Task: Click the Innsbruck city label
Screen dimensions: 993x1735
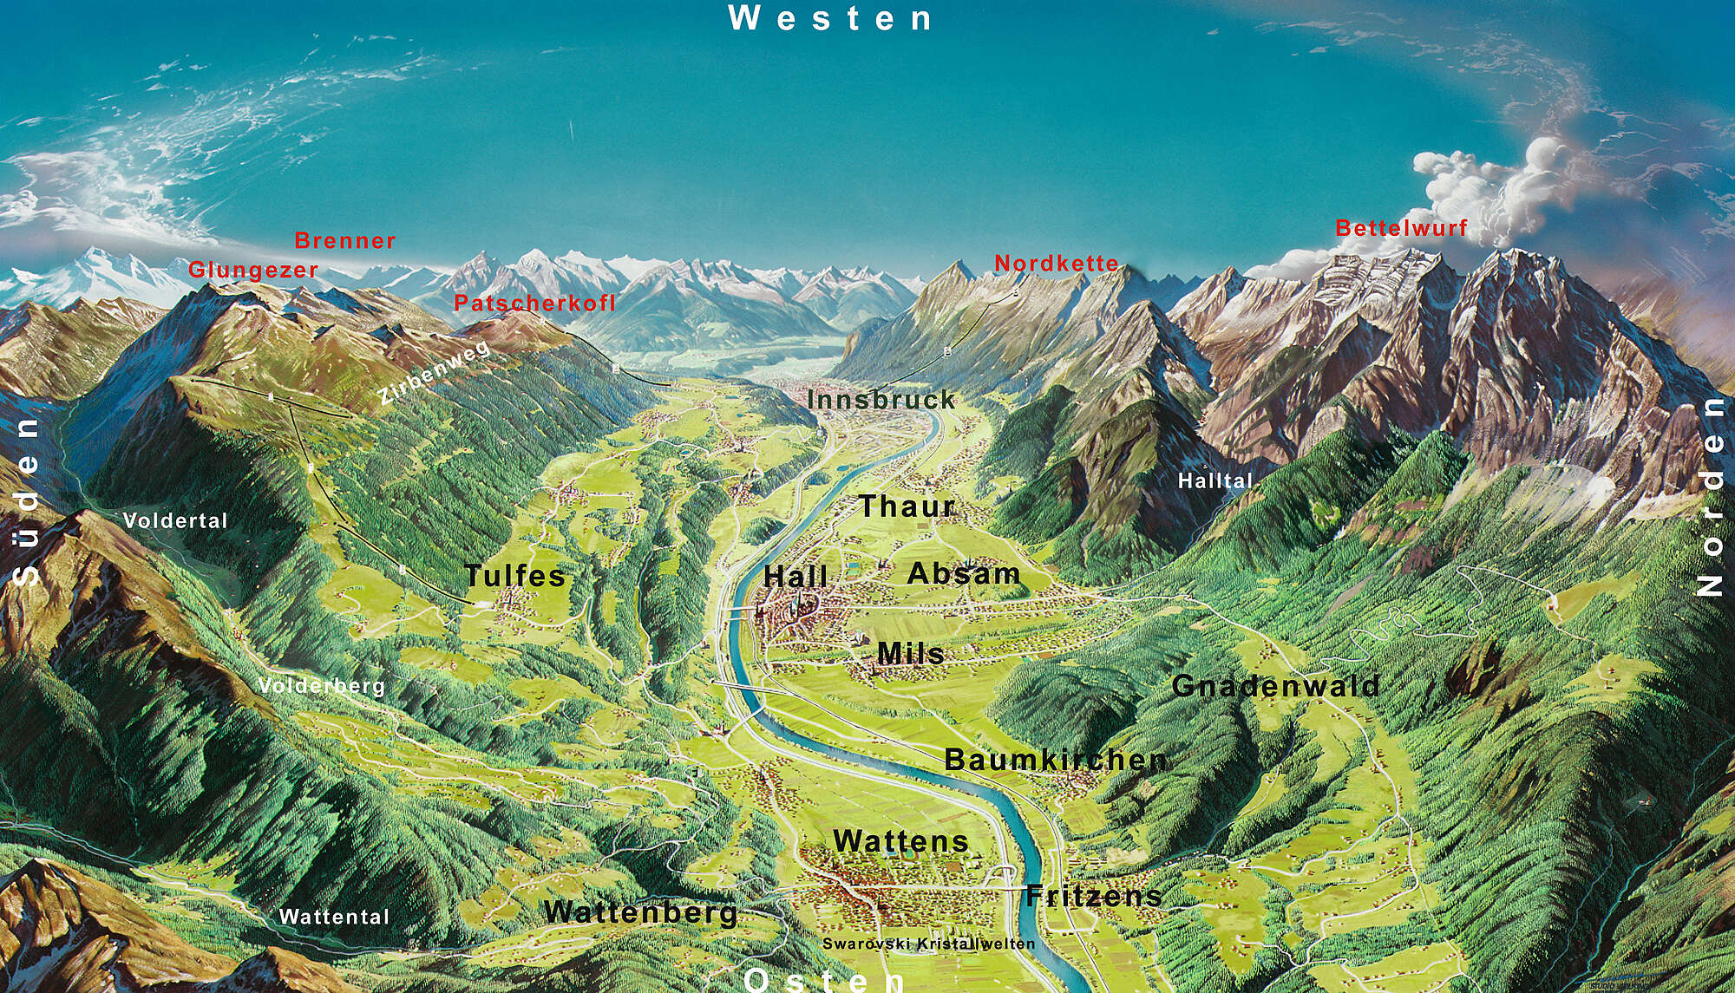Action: pyautogui.click(x=881, y=400)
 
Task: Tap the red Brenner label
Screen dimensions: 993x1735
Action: pyautogui.click(x=345, y=240)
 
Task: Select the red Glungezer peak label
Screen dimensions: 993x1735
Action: pyautogui.click(x=253, y=270)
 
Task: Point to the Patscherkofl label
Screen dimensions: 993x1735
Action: pyautogui.click(x=534, y=303)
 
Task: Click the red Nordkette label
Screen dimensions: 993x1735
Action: pyautogui.click(x=1056, y=263)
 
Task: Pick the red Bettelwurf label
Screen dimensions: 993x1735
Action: pyautogui.click(x=1401, y=228)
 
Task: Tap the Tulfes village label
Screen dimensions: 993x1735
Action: pyautogui.click(x=515, y=575)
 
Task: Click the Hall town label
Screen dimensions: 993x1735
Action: pyautogui.click(x=795, y=577)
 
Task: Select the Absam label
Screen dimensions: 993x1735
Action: pyautogui.click(x=963, y=573)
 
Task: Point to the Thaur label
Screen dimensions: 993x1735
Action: pyautogui.click(x=907, y=506)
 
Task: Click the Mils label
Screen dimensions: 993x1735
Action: pyautogui.click(x=910, y=653)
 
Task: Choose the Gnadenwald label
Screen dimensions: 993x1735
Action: pyautogui.click(x=1275, y=686)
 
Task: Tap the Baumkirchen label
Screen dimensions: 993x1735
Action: pyautogui.click(x=1055, y=760)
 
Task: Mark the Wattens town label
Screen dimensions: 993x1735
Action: pyautogui.click(x=900, y=840)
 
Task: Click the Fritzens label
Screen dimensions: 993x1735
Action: pyautogui.click(x=1093, y=896)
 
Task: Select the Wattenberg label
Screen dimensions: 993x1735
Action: pyautogui.click(x=641, y=912)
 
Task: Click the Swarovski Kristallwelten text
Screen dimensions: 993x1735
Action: pyautogui.click(x=928, y=944)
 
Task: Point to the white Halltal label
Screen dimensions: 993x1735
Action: pyautogui.click(x=1215, y=480)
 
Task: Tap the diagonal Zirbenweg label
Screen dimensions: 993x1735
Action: pyautogui.click(x=435, y=373)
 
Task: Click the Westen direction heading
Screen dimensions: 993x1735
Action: pyautogui.click(x=830, y=18)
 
